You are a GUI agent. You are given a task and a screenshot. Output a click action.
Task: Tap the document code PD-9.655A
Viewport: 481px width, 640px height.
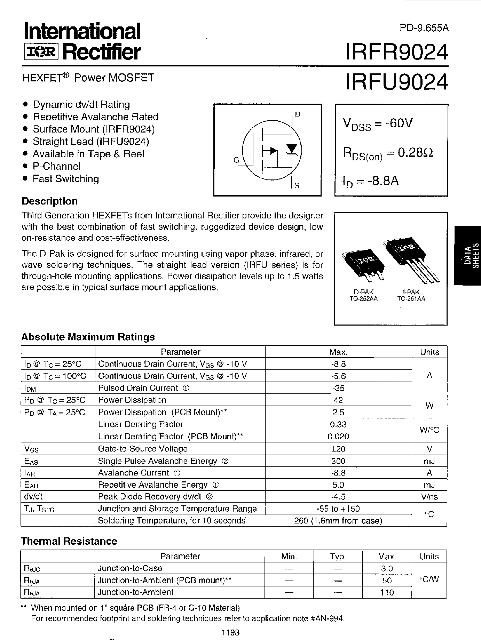click(x=424, y=28)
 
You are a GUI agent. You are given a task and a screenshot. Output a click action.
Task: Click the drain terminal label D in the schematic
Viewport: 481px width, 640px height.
click(x=297, y=114)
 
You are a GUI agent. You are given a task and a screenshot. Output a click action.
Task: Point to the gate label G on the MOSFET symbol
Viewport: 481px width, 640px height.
click(x=236, y=160)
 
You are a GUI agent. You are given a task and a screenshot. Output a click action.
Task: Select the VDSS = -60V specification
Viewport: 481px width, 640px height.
click(x=378, y=124)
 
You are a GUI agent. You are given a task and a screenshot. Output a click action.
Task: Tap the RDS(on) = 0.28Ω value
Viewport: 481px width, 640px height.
click(x=388, y=153)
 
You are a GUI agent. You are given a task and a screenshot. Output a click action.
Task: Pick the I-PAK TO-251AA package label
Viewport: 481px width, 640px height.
click(x=411, y=295)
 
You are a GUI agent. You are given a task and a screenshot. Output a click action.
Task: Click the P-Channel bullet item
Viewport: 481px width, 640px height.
click(x=56, y=166)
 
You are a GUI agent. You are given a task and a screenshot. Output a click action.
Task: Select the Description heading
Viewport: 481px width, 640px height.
click(x=49, y=201)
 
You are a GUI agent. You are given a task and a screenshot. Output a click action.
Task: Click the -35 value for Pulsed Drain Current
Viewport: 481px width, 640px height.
click(x=338, y=388)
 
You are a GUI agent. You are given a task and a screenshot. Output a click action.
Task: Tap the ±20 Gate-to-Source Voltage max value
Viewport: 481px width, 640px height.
click(x=338, y=449)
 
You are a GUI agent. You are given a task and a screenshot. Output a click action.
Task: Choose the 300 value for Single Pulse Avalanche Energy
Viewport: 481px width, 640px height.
click(x=338, y=461)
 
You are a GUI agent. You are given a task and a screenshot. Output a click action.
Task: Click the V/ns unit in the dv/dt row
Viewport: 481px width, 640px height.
click(x=429, y=497)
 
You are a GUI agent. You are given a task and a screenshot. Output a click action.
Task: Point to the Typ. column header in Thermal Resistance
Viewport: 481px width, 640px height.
click(x=338, y=557)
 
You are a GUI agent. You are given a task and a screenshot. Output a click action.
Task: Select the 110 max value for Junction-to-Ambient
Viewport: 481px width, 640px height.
click(x=387, y=592)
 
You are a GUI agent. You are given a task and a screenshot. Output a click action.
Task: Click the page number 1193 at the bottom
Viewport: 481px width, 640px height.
click(x=230, y=632)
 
